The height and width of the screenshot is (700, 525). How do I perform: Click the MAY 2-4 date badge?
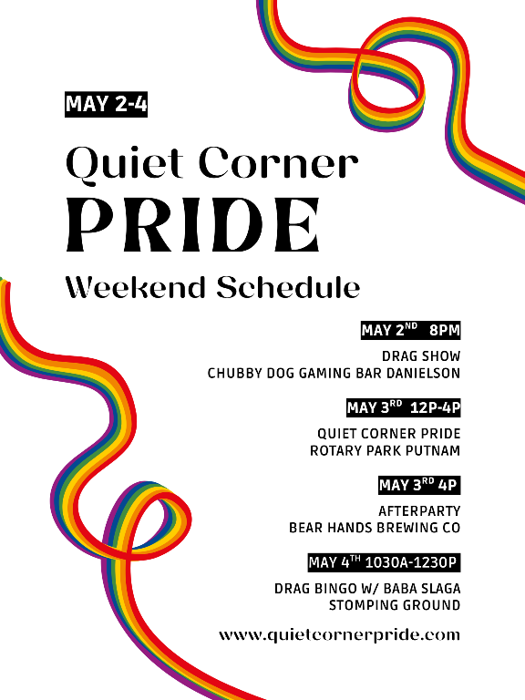(x=107, y=105)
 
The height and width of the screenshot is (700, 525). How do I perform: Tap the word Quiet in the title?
(x=125, y=164)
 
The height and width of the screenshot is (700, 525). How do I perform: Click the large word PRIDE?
(x=193, y=225)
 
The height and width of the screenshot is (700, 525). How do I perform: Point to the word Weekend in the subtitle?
(x=137, y=287)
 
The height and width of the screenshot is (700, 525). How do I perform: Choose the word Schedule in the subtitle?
(x=288, y=287)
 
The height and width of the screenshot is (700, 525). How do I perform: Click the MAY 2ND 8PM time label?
(x=411, y=330)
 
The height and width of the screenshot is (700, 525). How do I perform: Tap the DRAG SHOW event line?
(x=421, y=356)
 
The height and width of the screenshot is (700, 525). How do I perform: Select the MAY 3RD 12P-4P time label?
(x=404, y=408)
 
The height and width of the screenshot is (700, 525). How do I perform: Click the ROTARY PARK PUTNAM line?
(x=385, y=451)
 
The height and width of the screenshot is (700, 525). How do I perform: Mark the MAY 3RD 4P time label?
(x=419, y=485)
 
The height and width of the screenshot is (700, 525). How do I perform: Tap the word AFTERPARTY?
(x=419, y=511)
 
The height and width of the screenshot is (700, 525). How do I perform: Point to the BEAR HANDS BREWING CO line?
(x=375, y=528)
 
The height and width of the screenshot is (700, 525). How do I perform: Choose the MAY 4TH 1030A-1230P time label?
(x=385, y=562)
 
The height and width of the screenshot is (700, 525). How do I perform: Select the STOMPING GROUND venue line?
(x=395, y=606)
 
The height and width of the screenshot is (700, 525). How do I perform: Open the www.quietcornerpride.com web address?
(x=339, y=635)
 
